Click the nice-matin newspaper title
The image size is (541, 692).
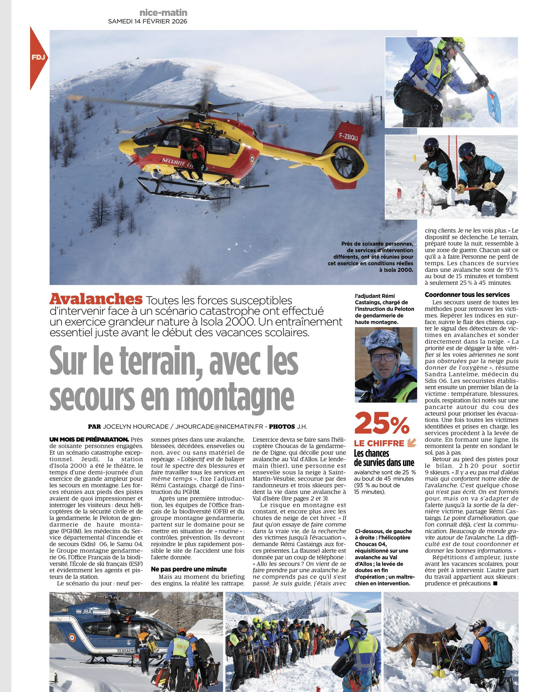tap(163, 13)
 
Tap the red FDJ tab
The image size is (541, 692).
tap(38, 58)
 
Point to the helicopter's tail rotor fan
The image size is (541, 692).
tap(347, 162)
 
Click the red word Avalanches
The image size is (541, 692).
tap(96, 299)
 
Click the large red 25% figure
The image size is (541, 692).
tap(382, 424)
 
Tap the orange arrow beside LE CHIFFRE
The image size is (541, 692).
tap(412, 443)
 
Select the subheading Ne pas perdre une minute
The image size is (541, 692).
tap(189, 569)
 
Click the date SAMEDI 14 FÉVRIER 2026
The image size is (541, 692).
tap(147, 21)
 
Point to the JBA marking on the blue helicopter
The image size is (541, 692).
tap(87, 612)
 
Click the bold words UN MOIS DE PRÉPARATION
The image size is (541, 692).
tap(89, 439)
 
